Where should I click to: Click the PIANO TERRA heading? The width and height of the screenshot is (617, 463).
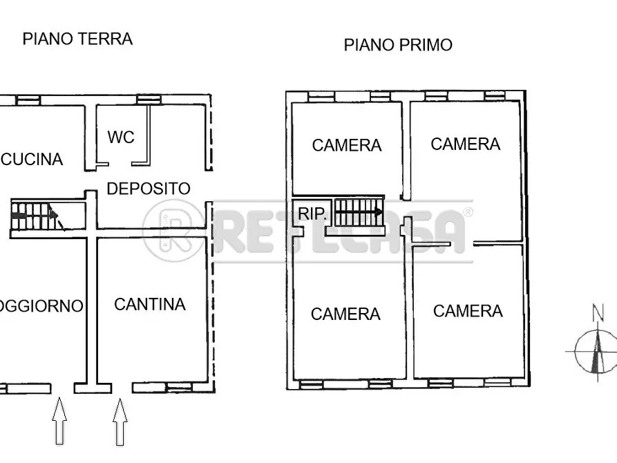point(77,39)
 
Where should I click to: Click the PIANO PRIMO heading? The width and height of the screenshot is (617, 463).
point(398,46)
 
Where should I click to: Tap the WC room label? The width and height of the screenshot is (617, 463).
point(120,137)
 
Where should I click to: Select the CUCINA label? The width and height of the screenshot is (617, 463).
point(32,160)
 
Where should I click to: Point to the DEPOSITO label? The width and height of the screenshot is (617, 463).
point(149,188)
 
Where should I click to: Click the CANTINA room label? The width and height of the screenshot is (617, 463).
point(149,304)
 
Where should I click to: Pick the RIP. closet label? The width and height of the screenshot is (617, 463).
point(312,214)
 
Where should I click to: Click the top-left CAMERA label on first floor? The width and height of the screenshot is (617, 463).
point(346,145)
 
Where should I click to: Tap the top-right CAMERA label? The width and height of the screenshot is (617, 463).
point(465,144)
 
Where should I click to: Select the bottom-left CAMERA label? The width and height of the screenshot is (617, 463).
point(345,314)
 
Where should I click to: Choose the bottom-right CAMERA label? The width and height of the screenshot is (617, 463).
point(468,311)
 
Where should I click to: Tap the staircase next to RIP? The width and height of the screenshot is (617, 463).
point(358,212)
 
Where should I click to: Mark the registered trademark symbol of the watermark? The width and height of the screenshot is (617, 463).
point(468,212)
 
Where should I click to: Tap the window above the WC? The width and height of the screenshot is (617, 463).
point(148,100)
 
